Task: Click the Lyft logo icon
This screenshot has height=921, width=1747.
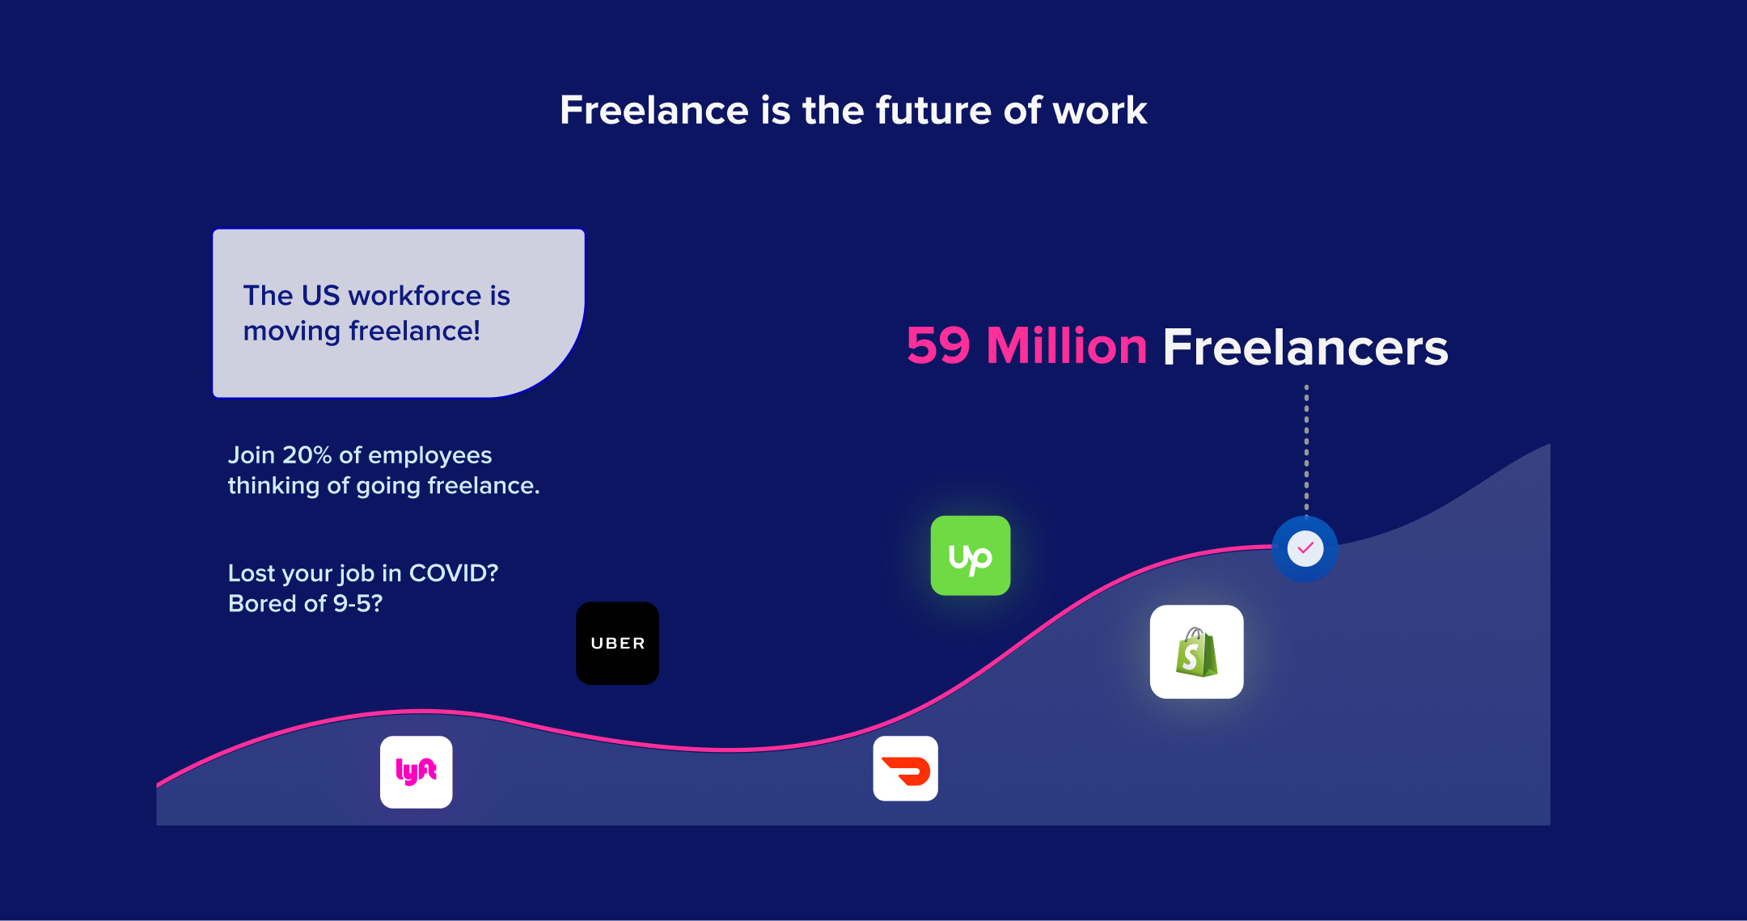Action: pos(417,772)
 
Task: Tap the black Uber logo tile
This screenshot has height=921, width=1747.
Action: pos(617,643)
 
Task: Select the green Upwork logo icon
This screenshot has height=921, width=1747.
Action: pos(971,556)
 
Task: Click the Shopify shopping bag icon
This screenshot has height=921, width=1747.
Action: pos(1197,652)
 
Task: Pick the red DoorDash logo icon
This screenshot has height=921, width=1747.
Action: pos(906,768)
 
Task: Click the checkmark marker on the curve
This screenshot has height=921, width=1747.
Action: pos(1305,549)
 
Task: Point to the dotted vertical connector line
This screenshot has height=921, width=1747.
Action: pos(1306,450)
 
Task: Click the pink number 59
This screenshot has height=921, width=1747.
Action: pos(938,346)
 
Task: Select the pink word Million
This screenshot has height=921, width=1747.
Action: pos(1067,346)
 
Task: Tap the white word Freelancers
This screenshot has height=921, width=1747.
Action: pos(1305,348)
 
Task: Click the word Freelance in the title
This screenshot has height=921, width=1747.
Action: pos(654,110)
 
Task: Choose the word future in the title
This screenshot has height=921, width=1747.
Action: pos(933,110)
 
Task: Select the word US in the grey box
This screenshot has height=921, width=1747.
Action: pos(321,295)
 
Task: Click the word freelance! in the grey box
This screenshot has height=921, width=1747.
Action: pos(414,331)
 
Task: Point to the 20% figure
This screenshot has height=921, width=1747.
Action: pos(307,455)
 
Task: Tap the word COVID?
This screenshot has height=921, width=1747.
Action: pos(454,573)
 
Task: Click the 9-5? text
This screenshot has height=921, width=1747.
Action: pos(357,603)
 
